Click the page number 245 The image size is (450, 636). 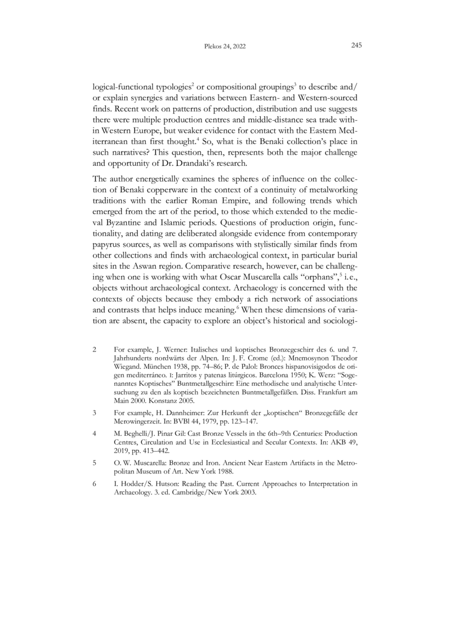click(355, 46)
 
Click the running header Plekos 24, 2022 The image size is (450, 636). click(225, 47)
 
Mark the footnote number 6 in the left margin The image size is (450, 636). click(94, 483)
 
